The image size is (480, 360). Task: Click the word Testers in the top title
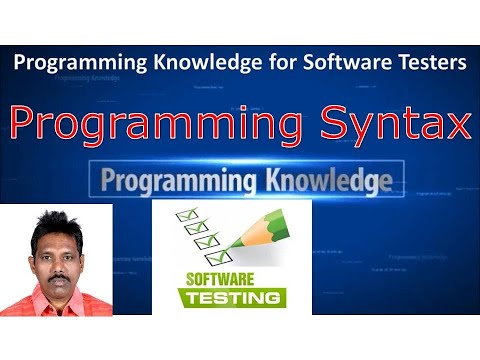click(431, 63)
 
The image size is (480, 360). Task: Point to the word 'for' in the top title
click(282, 63)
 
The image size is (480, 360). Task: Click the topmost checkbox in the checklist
click(184, 213)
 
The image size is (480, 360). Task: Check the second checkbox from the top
click(187, 227)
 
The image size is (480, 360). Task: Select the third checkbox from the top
click(191, 242)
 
